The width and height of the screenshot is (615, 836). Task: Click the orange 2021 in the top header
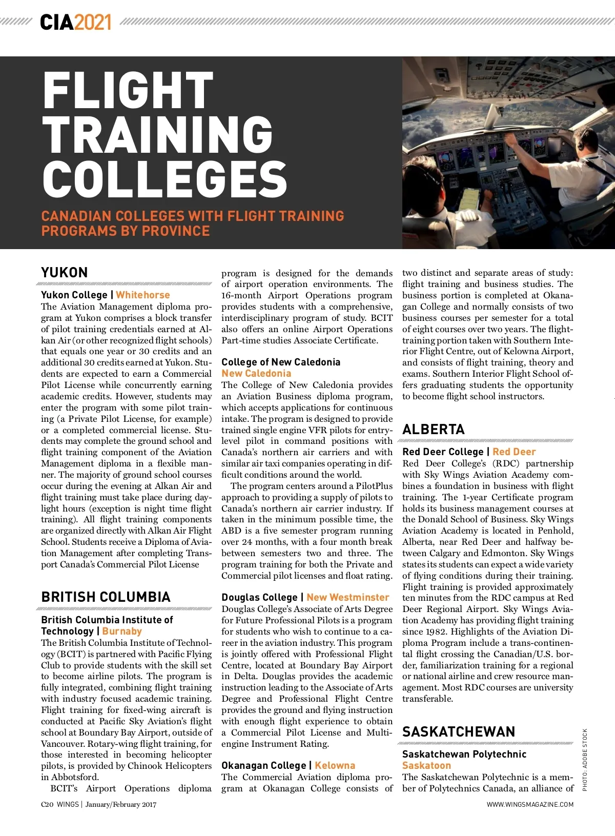pyautogui.click(x=92, y=23)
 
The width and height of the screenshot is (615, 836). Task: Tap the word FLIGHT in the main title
pyautogui.click(x=128, y=91)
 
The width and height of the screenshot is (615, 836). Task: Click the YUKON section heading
pyautogui.click(x=65, y=273)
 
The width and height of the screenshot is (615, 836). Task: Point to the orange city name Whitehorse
pyautogui.click(x=142, y=295)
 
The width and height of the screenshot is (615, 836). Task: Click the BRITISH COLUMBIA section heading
pyautogui.click(x=106, y=597)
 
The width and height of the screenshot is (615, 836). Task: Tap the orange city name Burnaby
pyautogui.click(x=122, y=631)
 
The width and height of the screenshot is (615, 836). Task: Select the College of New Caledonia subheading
pyautogui.click(x=281, y=362)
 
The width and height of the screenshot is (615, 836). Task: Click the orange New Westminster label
pyautogui.click(x=347, y=597)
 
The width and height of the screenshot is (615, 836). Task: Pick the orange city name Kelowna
pyautogui.click(x=335, y=765)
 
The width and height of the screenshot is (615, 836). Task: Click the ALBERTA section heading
pyautogui.click(x=434, y=430)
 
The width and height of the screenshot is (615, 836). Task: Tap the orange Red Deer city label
pyautogui.click(x=514, y=452)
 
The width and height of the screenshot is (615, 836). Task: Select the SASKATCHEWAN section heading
pyautogui.click(x=459, y=732)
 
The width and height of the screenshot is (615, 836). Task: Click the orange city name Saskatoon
pyautogui.click(x=426, y=765)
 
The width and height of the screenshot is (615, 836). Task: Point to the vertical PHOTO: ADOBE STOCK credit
pyautogui.click(x=585, y=760)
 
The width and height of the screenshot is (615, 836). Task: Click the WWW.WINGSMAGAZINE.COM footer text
pyautogui.click(x=530, y=804)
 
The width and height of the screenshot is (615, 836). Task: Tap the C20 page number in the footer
pyautogui.click(x=47, y=804)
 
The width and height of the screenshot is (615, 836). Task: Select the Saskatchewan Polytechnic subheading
pyautogui.click(x=464, y=754)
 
